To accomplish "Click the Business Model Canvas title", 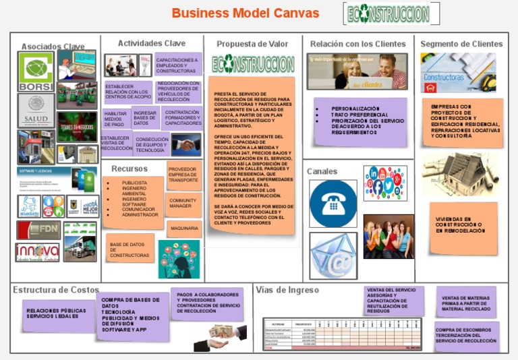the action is click(246, 13).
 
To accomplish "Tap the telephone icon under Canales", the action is click(333, 203).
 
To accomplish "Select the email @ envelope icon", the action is click(333, 255).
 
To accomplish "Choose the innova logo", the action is click(37, 252).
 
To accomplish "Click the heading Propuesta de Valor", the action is click(252, 44).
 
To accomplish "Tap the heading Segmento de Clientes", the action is click(461, 44).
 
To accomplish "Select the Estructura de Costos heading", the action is click(56, 290).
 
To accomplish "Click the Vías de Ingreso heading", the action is click(287, 290).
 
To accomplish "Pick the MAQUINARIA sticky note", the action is click(183, 229).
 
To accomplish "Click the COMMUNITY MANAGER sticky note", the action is click(183, 203).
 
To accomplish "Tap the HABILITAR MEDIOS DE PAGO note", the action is click(115, 119).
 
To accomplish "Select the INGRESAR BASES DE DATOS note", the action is click(145, 119).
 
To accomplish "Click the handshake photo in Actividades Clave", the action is click(185, 144).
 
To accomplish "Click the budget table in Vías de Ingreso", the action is click(342, 334).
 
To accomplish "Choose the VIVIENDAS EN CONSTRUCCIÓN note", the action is click(463, 226).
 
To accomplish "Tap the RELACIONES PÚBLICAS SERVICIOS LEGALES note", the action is click(57, 313).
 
